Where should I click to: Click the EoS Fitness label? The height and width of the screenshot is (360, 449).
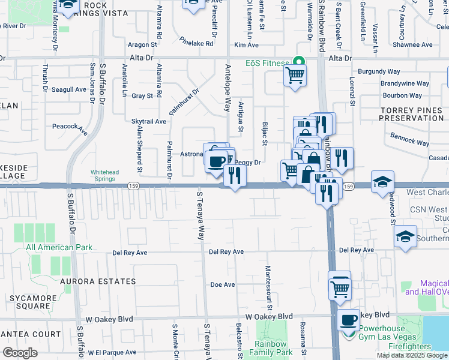(267, 62)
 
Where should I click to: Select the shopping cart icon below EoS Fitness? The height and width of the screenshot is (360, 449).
(294, 76)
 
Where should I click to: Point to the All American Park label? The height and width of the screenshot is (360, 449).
(59, 247)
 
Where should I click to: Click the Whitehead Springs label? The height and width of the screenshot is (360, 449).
(110, 175)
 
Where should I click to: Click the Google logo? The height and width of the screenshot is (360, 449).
(20, 352)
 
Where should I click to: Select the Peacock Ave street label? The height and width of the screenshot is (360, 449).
(70, 127)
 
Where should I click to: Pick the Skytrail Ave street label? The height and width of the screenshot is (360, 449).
(149, 121)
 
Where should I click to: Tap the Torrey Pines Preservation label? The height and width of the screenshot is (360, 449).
(415, 115)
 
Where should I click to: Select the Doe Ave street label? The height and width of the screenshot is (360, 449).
(222, 284)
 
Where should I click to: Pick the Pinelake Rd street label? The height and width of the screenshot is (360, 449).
(196, 43)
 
